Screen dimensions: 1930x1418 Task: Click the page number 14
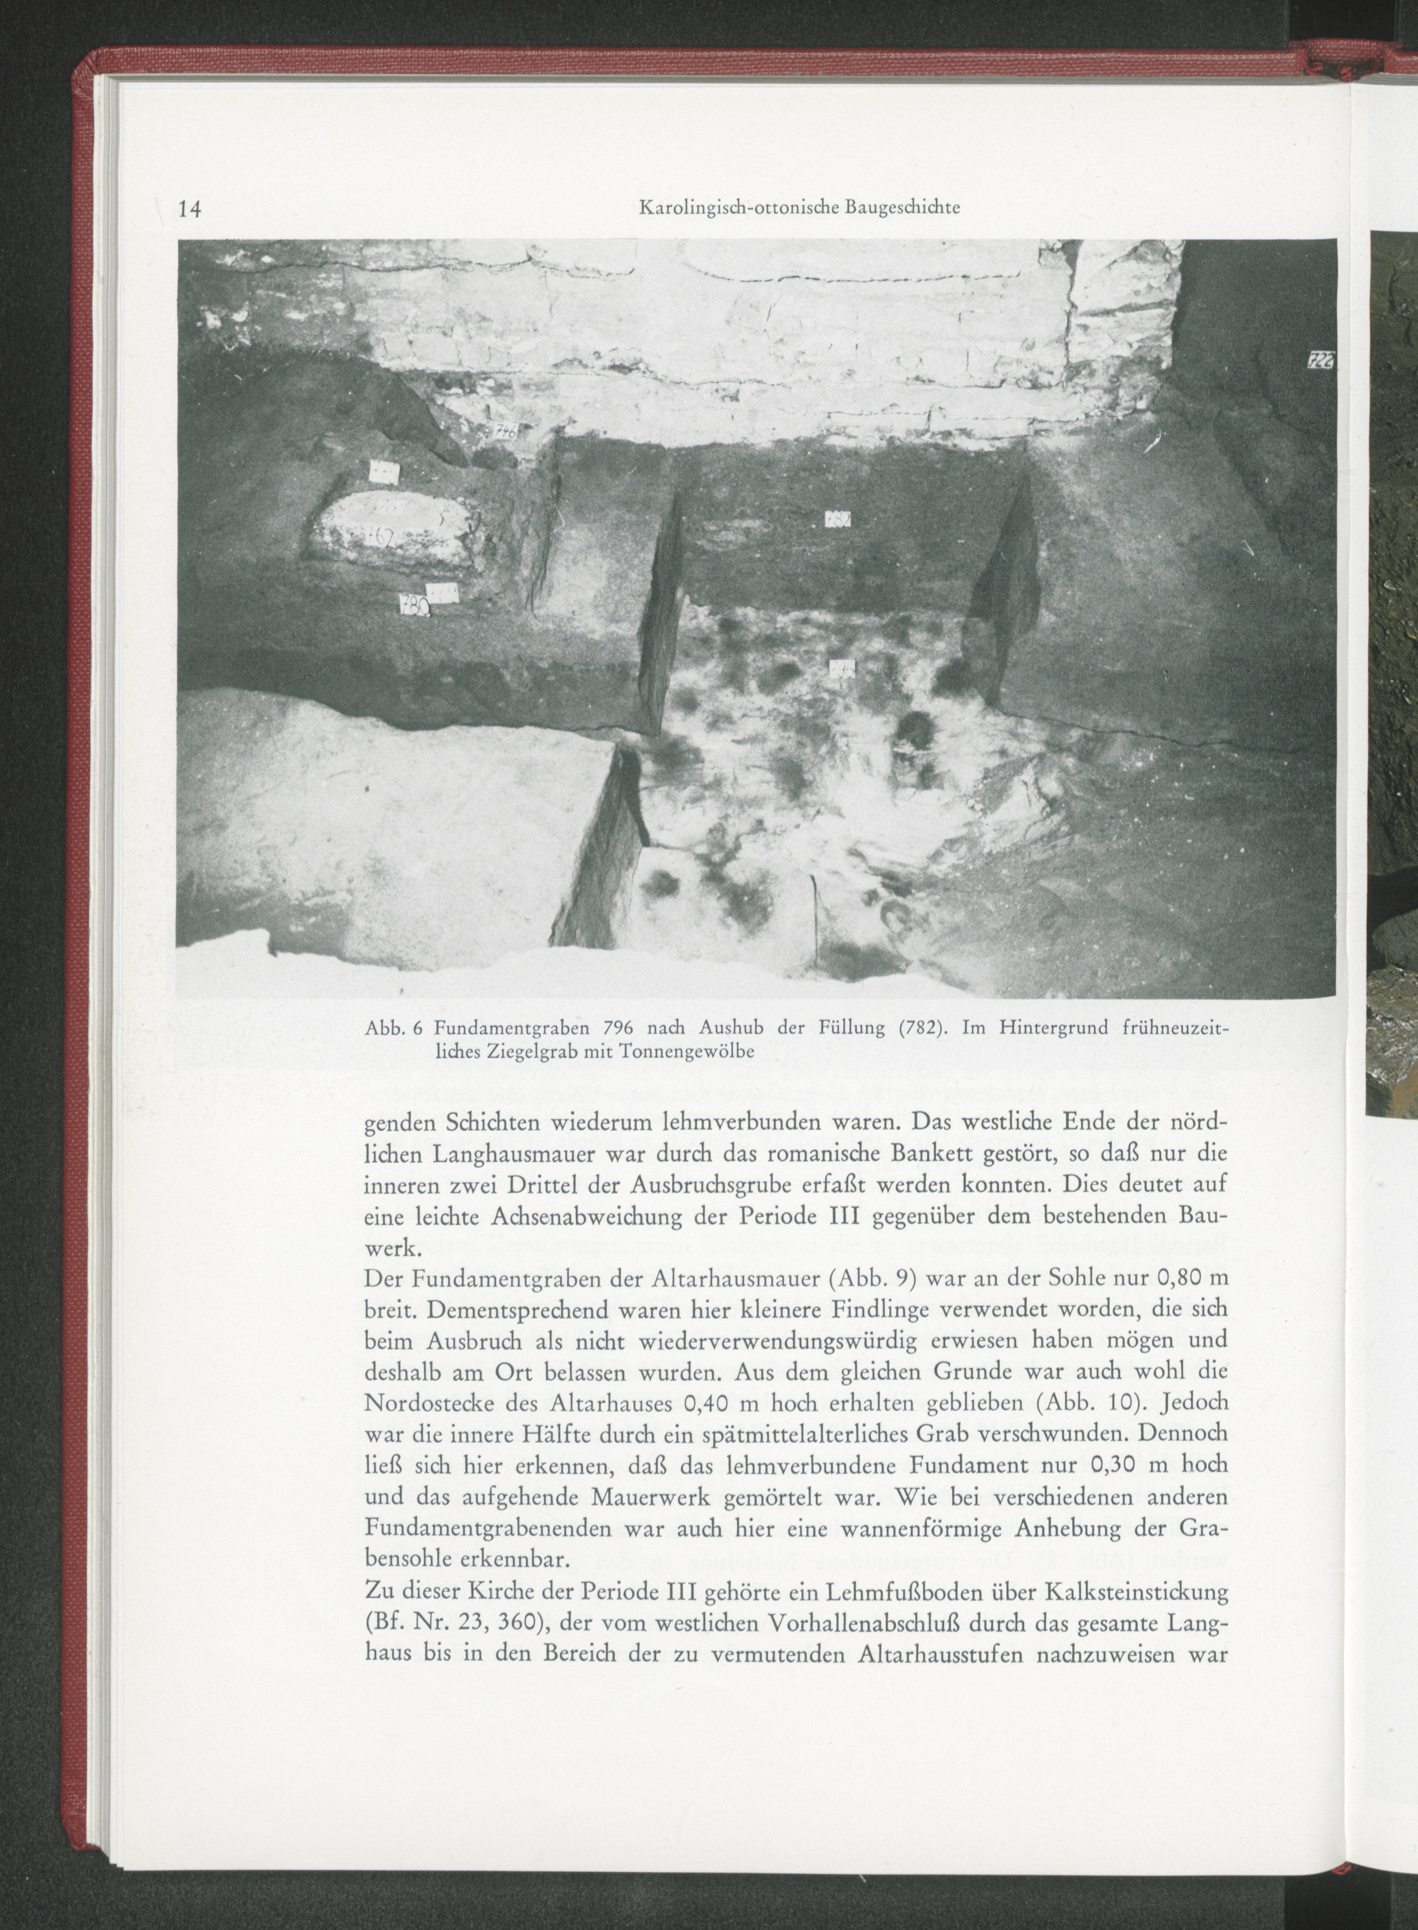pos(188,209)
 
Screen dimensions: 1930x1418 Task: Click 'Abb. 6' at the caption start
pos(390,1027)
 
